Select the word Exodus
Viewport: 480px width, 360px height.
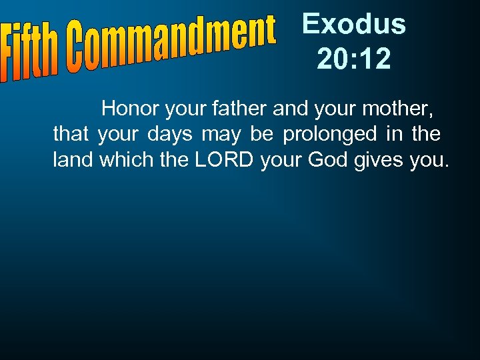[x=353, y=24]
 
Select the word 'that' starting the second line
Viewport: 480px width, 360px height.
[x=71, y=135]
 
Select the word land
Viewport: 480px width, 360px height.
[x=73, y=161]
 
